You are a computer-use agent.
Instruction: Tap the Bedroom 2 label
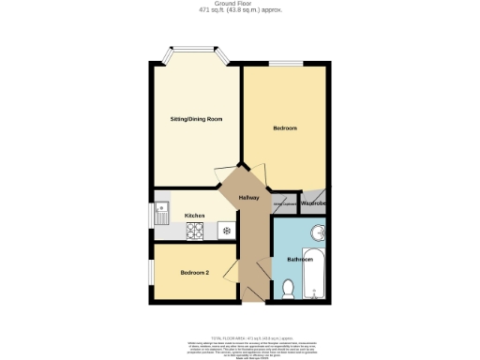(194, 273)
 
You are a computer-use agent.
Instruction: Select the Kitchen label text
(194, 216)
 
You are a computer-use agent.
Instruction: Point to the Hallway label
(248, 197)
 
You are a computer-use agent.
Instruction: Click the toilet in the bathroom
(288, 288)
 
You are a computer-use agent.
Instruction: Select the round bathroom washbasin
(318, 233)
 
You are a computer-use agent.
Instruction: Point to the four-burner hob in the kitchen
(196, 231)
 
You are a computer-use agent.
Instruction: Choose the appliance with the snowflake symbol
(225, 228)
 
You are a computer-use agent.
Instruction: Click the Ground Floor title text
(241, 4)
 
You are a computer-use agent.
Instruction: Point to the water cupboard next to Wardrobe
(285, 204)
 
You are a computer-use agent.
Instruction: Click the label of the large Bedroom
(285, 127)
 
